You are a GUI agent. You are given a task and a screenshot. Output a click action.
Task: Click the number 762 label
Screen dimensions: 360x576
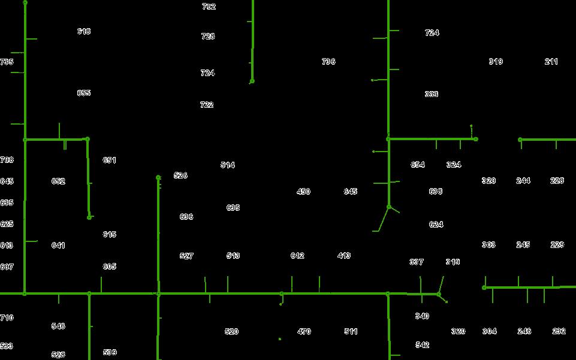(209, 7)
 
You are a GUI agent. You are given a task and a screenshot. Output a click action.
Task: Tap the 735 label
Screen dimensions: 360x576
(7, 62)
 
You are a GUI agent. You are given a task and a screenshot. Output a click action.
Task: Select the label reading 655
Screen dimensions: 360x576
(84, 93)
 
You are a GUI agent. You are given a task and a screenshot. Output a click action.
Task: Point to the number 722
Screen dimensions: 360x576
(207, 105)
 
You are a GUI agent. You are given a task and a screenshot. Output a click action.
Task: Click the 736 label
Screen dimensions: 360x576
(328, 62)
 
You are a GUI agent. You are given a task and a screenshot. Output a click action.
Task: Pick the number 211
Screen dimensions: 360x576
(551, 62)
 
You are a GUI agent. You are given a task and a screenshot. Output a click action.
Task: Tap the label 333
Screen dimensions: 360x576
(432, 94)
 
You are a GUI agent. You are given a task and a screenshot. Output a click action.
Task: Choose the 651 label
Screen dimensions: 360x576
(109, 160)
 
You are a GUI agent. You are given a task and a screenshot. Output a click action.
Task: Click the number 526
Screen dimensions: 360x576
(180, 176)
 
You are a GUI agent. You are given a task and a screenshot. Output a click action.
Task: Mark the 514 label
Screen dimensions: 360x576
(228, 165)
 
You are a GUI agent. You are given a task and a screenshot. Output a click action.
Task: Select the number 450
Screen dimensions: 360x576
(303, 192)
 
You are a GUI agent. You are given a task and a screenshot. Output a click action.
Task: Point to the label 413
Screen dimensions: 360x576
(344, 256)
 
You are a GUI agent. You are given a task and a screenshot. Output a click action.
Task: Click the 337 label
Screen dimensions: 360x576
(417, 262)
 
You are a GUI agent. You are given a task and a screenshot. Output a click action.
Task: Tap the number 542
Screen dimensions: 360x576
(422, 345)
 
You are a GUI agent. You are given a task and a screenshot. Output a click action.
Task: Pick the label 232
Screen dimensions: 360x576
(559, 331)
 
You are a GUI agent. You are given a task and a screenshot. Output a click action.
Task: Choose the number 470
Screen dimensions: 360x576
(304, 331)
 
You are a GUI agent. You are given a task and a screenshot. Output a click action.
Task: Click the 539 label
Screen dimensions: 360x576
(110, 353)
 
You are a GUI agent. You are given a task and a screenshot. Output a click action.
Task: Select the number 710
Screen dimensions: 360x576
(7, 317)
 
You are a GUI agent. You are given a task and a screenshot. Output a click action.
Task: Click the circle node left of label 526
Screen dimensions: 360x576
(158, 177)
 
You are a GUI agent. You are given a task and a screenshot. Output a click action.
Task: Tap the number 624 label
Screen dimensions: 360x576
(436, 225)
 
